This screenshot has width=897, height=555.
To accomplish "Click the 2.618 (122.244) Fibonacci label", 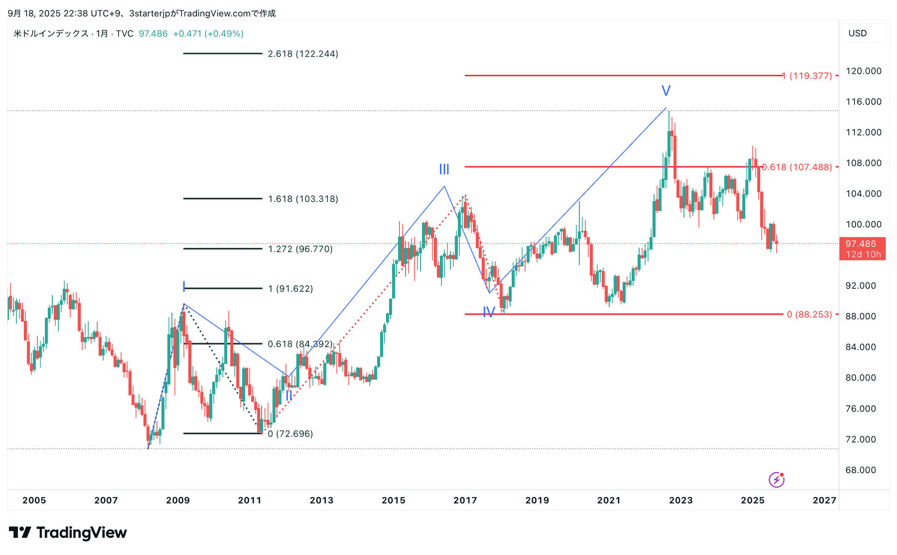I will [x=303, y=54].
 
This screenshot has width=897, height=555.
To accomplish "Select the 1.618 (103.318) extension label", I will [x=303, y=199].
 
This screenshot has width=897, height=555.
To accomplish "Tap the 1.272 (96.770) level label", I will [x=300, y=249].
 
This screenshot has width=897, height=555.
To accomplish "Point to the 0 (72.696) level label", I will [x=290, y=433].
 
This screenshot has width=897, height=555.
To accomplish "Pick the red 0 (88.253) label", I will [x=809, y=314].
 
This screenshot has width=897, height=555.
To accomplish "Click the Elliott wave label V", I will [x=666, y=90].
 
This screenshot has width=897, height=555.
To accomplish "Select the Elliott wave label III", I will [x=444, y=169].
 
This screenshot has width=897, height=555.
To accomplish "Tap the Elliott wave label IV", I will [x=489, y=312].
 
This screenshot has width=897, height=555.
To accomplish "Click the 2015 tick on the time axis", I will [x=393, y=500].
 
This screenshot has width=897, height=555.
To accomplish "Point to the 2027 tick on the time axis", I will [x=824, y=500].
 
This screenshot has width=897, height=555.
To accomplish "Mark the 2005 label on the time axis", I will [x=34, y=500].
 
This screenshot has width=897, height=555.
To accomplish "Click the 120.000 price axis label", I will [x=863, y=71].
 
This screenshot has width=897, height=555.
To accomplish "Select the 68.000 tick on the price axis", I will [x=861, y=470].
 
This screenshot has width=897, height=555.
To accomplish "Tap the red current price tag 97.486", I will [x=862, y=248].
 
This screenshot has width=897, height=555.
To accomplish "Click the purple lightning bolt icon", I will [x=776, y=479].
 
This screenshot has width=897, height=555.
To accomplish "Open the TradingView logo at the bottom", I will [x=68, y=533].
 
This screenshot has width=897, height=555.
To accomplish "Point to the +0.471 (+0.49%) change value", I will [x=208, y=34].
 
